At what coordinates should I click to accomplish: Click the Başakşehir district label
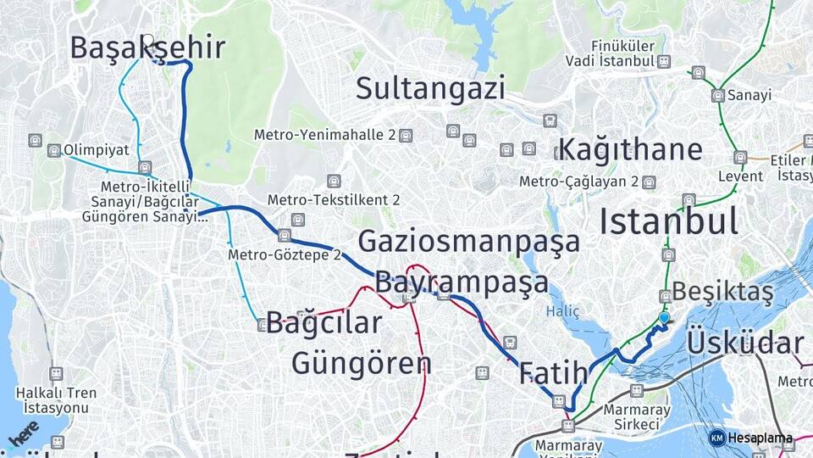tap(147, 47)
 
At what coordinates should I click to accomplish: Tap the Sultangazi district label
tap(430, 88)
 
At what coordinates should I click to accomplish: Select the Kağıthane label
tap(630, 149)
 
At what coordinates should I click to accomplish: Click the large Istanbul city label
tap(669, 221)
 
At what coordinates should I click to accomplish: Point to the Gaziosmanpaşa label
tap(468, 242)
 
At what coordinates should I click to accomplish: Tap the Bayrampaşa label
tap(462, 282)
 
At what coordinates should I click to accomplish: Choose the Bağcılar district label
tap(324, 323)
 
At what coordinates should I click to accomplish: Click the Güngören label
tap(362, 363)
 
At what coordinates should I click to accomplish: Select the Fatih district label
tap(553, 372)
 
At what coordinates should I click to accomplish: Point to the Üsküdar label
tap(744, 343)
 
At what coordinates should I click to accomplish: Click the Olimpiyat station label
tap(96, 150)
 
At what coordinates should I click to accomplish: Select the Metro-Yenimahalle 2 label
tap(325, 135)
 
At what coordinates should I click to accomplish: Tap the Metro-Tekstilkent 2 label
tap(334, 200)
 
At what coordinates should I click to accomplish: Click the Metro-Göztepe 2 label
tap(284, 254)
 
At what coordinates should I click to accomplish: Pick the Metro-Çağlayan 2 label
tap(578, 182)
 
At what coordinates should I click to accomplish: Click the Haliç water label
tap(562, 311)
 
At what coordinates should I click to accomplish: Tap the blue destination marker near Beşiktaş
tap(664, 318)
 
